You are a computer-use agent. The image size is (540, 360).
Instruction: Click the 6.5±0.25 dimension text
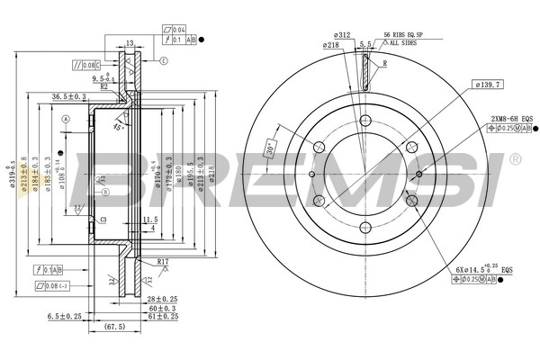65,316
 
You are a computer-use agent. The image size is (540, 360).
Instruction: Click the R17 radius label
163,261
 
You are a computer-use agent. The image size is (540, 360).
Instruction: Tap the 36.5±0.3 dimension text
68,96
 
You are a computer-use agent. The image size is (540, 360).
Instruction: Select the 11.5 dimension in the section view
149,219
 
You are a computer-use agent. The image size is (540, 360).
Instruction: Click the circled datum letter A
66,120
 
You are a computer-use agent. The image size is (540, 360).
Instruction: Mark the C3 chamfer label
103,220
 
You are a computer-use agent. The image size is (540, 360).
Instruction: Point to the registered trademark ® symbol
515,159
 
